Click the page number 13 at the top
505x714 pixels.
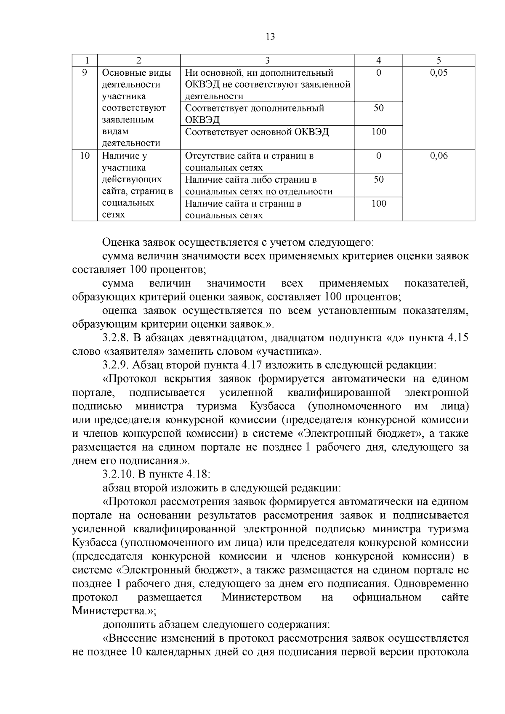[270, 37]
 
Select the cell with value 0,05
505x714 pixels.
[439, 72]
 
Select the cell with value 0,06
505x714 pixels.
[439, 156]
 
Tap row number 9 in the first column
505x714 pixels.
[84, 72]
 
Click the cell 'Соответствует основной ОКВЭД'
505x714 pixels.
[257, 132]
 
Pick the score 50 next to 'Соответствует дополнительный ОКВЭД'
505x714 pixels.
[378, 108]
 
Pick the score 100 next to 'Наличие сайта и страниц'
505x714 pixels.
[378, 204]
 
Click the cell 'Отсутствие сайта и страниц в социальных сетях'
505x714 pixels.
[249, 162]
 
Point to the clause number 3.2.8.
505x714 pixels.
[117, 338]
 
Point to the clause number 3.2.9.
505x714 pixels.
[117, 365]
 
